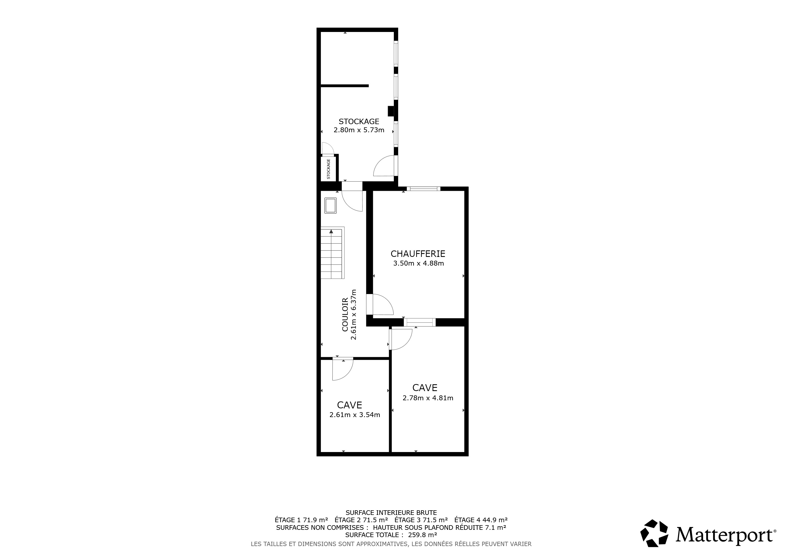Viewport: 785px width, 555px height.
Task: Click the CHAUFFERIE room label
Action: (418, 254)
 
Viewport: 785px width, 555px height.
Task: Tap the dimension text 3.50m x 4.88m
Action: (419, 263)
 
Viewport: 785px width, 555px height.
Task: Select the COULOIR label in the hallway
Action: (345, 314)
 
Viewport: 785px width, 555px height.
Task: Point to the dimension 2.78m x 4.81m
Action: (428, 398)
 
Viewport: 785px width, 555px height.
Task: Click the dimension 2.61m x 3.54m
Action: (355, 415)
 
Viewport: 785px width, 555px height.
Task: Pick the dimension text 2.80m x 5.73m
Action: (359, 130)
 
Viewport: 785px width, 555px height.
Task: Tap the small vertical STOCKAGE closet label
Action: (329, 169)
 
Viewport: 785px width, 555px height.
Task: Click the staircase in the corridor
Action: (332, 253)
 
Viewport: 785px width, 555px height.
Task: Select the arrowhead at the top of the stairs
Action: (331, 231)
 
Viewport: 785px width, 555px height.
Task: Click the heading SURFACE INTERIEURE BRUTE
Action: (391, 513)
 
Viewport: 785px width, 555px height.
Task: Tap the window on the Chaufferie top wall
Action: (423, 189)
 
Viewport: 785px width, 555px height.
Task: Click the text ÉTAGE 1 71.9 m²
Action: (301, 520)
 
